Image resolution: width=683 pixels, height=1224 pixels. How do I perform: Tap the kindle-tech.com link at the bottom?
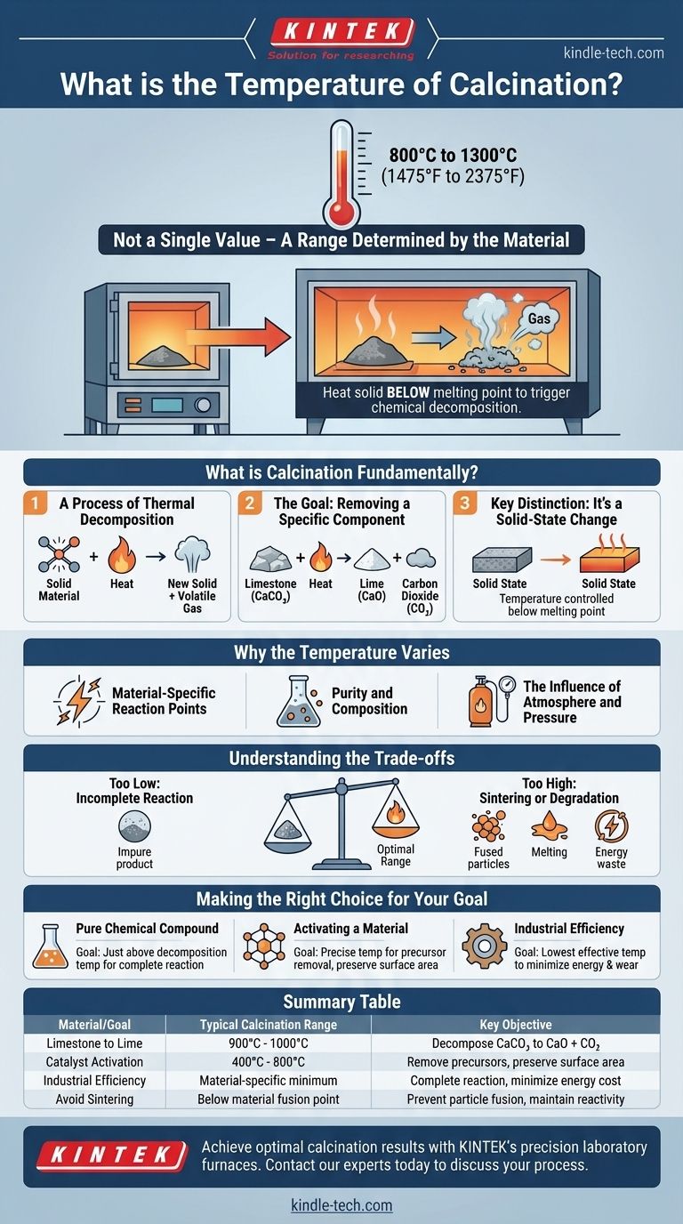coord(341,1205)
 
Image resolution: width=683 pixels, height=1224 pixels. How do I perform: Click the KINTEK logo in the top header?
coord(341,35)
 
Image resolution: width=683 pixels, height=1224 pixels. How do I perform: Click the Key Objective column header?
coord(515,1025)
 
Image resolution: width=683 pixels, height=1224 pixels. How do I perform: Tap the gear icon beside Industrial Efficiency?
coord(484,945)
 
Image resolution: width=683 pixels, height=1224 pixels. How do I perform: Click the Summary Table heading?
coord(341,1002)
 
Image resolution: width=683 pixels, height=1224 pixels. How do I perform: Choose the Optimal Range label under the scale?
coord(396,856)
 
